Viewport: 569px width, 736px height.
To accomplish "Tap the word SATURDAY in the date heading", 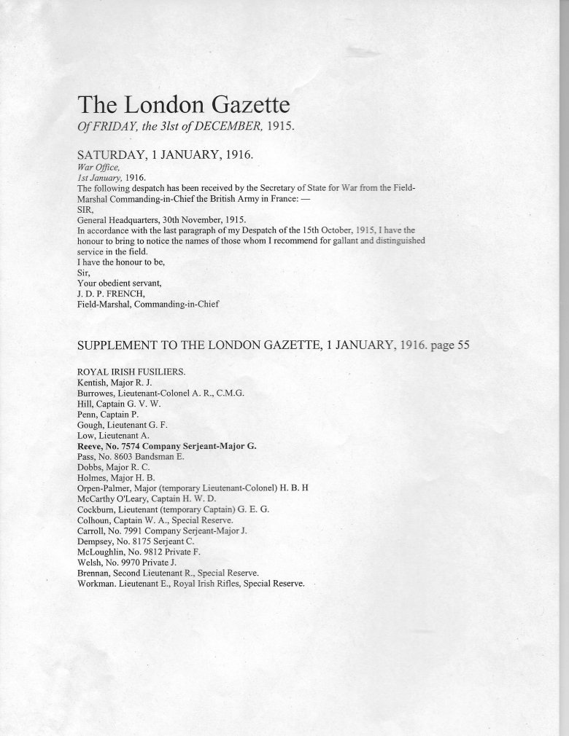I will coord(112,155).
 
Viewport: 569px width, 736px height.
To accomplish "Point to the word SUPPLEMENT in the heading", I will coord(125,346).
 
